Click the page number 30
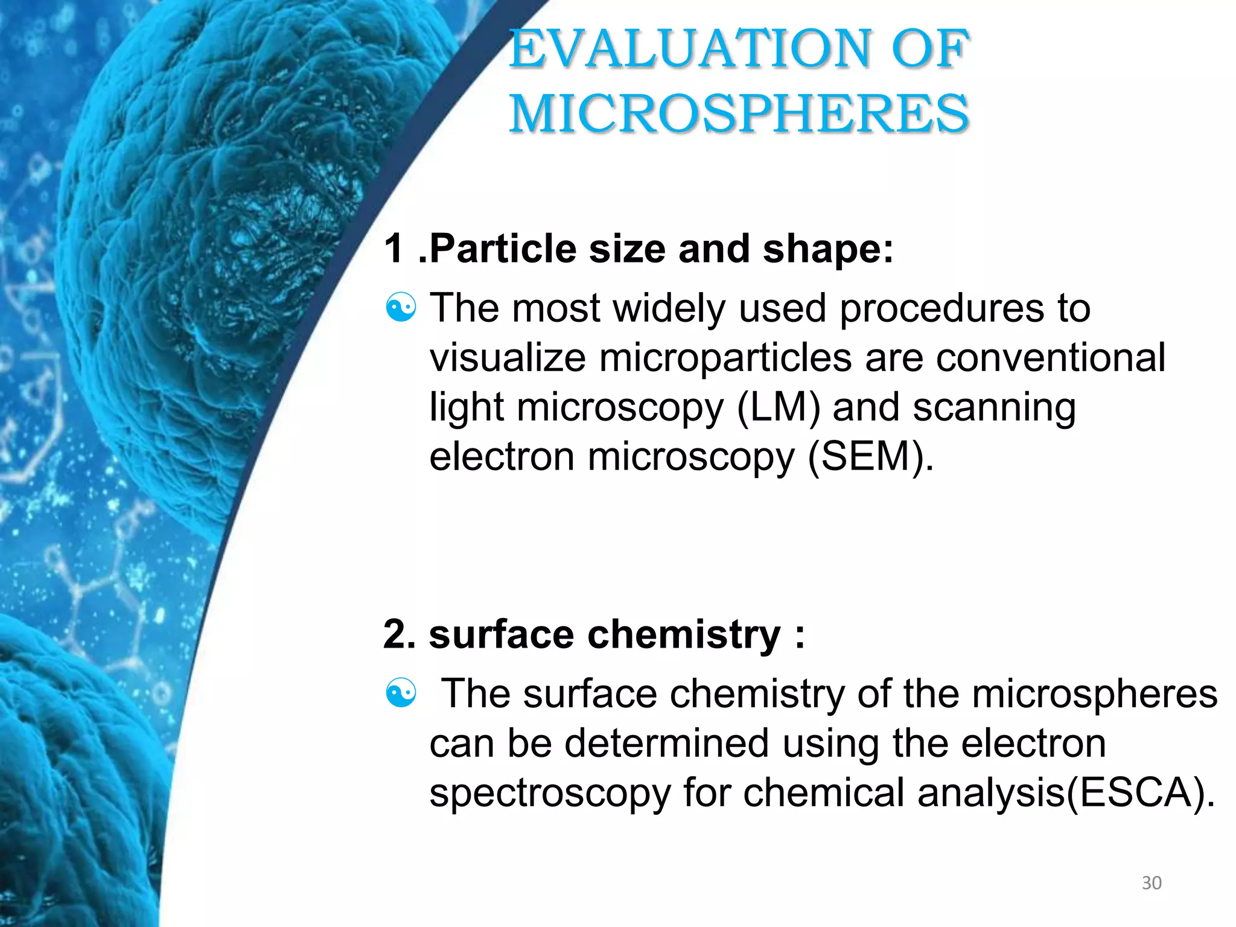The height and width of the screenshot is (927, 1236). (x=1152, y=883)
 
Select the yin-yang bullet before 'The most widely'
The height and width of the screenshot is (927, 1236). (x=401, y=308)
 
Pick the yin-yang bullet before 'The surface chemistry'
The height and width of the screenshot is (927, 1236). (x=401, y=693)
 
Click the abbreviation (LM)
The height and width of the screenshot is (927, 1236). (x=779, y=407)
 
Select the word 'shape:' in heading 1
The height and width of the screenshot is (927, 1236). (x=828, y=249)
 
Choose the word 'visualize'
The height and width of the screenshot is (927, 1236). (x=508, y=358)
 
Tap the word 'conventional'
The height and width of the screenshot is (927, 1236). (x=1051, y=358)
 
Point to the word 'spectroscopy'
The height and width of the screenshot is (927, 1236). (x=550, y=794)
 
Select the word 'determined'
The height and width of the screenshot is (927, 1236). (x=666, y=743)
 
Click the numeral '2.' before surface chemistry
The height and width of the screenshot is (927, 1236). (x=399, y=635)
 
